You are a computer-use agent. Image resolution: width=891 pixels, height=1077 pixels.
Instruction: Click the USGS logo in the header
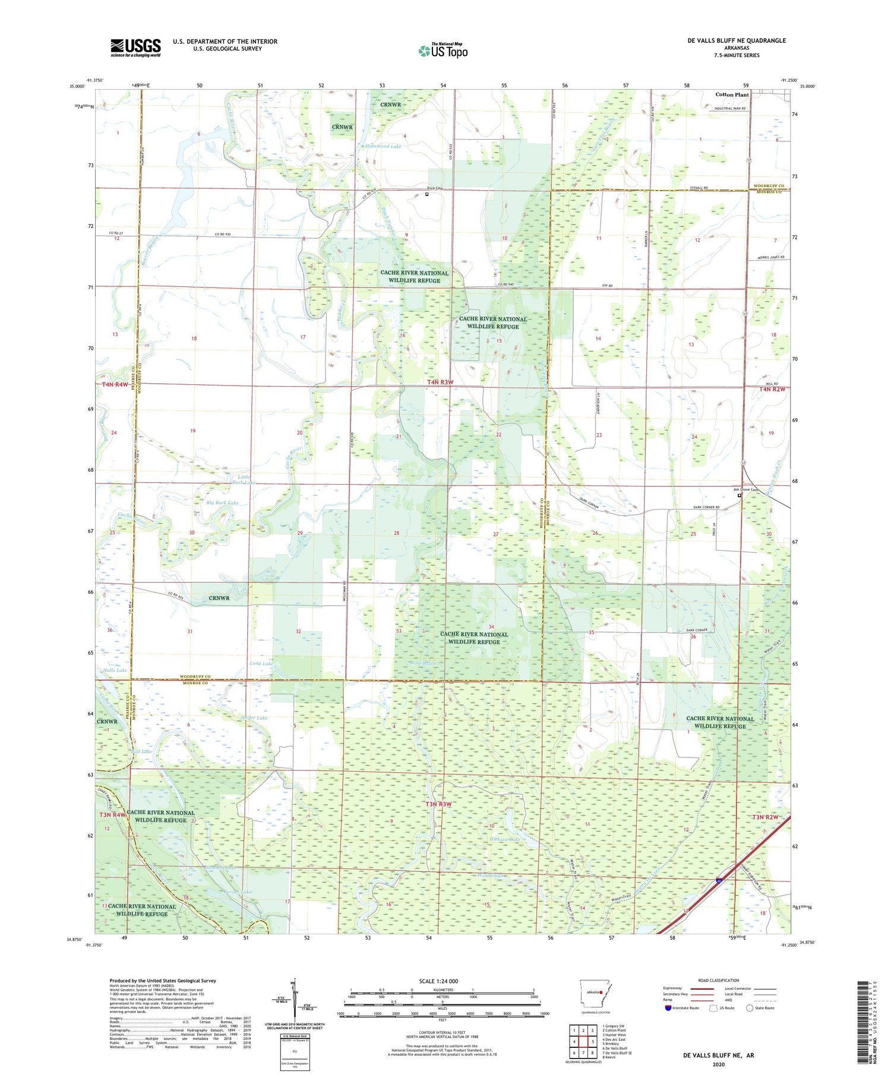(135, 48)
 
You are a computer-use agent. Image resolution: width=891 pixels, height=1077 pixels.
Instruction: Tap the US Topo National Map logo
(443, 51)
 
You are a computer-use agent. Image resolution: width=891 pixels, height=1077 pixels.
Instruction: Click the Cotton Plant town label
(732, 94)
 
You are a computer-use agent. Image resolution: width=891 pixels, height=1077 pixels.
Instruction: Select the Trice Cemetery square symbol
(426, 193)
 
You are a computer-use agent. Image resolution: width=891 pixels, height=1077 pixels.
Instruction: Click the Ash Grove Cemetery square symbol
(740, 495)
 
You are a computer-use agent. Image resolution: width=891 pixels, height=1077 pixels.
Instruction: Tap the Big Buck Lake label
(222, 503)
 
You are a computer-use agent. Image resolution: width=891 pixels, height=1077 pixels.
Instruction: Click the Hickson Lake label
(505, 839)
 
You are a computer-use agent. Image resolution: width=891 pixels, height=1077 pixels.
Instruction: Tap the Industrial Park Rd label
(722, 109)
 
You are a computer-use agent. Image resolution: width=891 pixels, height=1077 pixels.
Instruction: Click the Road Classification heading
(719, 980)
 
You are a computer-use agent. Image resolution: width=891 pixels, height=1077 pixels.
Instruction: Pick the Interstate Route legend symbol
(668, 1008)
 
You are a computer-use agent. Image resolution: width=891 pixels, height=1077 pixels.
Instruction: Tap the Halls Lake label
(115, 670)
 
